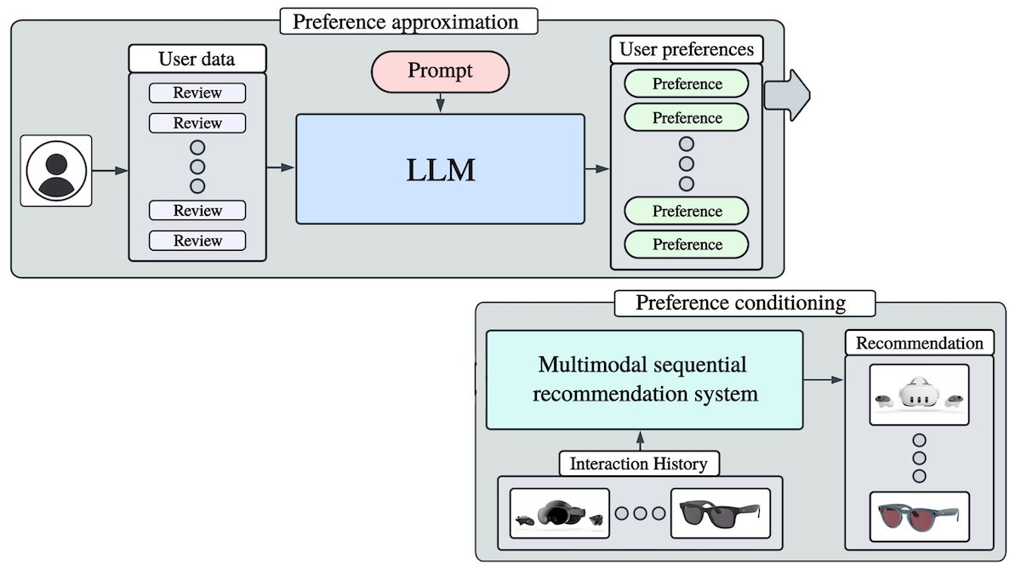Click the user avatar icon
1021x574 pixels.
pos(56,170)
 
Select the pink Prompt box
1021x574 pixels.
pos(440,71)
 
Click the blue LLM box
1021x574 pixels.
pos(440,169)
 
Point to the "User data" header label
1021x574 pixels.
pos(197,59)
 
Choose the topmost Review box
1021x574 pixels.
pos(197,93)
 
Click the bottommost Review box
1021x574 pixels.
pos(197,241)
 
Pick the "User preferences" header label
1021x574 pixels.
pos(687,49)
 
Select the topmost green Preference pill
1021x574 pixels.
pos(687,84)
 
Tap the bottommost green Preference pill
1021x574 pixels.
pos(687,244)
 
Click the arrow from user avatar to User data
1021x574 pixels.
pos(110,171)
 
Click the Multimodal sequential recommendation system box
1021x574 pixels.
pos(644,379)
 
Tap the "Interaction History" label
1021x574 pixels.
pos(638,464)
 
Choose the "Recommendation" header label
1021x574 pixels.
pos(919,344)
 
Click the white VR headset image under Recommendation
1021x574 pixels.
pos(919,395)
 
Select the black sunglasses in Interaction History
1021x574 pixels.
pos(720,513)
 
